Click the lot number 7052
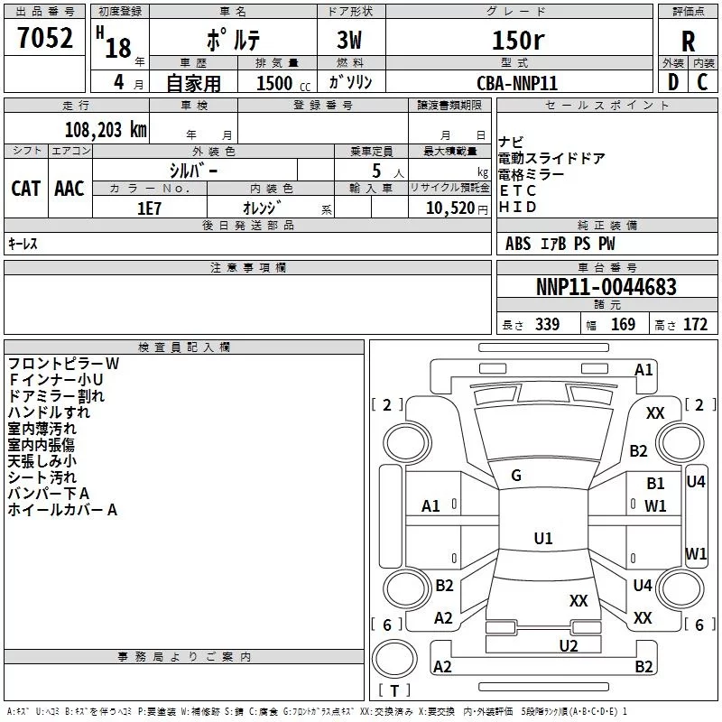pos(45,38)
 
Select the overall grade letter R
pos(688,42)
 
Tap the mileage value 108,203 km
pos(106,130)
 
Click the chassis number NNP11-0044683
pos(606,287)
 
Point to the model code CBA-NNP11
pos(517,83)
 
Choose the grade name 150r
pos(518,41)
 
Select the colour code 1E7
pos(149,208)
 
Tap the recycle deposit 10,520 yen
pos(457,208)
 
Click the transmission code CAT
pos(26,189)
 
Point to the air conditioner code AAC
pos(69,189)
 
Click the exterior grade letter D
pos(673,82)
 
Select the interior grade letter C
pos(702,82)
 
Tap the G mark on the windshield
pos(516,476)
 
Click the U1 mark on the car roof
pos(543,538)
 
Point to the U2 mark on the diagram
pos(569,646)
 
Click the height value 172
pos(695,325)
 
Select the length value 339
pos(547,325)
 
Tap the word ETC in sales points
pos(517,190)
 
